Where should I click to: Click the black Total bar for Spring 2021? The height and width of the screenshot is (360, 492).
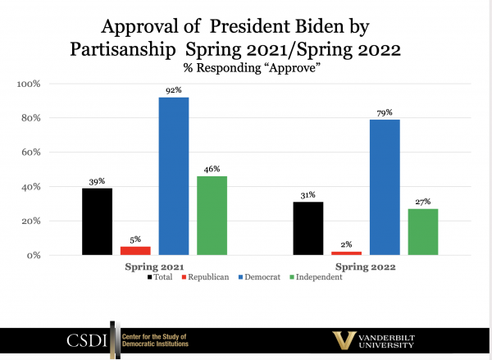97,221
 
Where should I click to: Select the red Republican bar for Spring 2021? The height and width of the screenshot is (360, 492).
135,250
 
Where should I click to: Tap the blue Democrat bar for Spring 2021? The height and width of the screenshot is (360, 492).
173,175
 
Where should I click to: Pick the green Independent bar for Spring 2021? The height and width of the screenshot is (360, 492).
212,215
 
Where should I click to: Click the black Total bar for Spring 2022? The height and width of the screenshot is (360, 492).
308,228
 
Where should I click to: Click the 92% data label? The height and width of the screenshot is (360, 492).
173,91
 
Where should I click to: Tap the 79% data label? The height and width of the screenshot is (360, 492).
385,112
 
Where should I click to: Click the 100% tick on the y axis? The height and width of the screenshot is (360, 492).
39,84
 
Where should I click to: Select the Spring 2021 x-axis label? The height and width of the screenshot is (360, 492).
154,267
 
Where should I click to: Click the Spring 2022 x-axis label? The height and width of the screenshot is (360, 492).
366,267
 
